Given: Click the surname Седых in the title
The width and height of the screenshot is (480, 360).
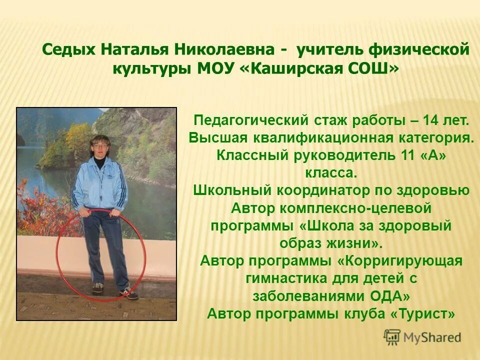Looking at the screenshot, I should (69, 50).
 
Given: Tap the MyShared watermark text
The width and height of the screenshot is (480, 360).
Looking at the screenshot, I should (432, 337).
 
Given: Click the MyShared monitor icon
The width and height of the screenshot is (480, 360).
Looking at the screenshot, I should (392, 337).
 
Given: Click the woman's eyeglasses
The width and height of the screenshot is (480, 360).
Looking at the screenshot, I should (99, 146).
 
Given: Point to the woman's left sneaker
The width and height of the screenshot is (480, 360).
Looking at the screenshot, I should (129, 293).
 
